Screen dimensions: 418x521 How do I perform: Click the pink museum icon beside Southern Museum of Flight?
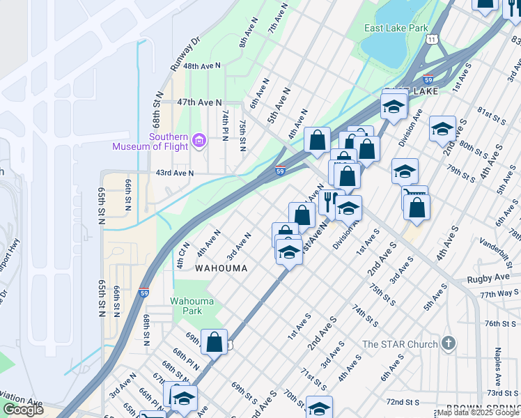[x=199, y=141]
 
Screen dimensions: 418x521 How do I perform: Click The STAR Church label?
[x=400, y=344]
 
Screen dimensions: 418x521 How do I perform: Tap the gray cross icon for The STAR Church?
[x=449, y=343]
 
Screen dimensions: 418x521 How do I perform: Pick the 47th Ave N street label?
[x=199, y=102]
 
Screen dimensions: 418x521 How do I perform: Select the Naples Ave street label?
[x=498, y=367]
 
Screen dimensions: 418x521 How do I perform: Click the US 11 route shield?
[x=433, y=40]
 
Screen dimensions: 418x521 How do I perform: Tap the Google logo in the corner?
[x=23, y=410]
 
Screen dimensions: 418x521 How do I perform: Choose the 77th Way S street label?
[x=499, y=295]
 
